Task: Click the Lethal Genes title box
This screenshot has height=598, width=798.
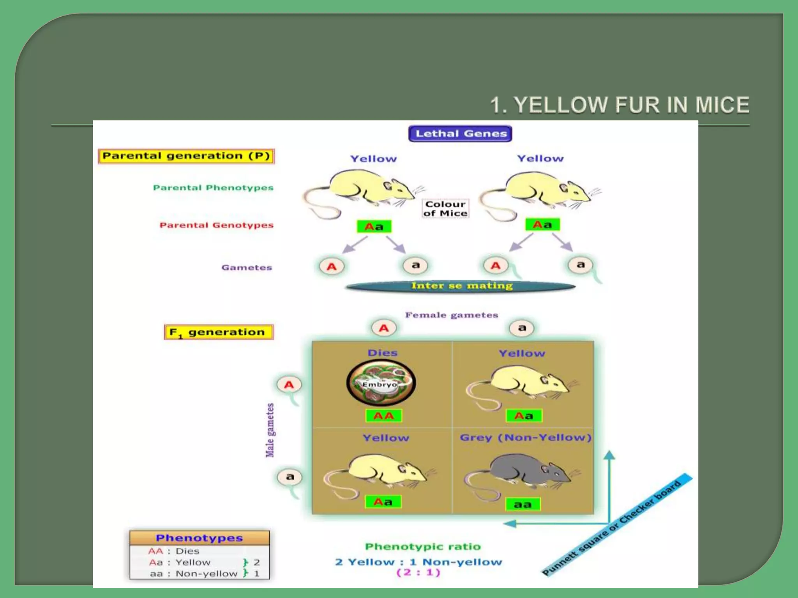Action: coord(460,134)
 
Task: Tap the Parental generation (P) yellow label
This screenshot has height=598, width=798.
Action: coord(186,156)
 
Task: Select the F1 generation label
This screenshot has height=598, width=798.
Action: coord(219,332)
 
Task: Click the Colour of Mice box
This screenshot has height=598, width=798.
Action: coord(445,209)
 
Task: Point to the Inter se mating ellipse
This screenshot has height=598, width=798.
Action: coord(461,286)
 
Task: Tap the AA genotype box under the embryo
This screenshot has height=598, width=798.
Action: coord(383,416)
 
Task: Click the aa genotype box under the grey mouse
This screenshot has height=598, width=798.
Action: coord(523,505)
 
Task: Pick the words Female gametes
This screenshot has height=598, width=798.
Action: coord(452,315)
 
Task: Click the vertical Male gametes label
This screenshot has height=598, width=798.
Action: coord(270,430)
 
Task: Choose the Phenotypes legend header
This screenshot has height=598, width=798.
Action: coord(199,538)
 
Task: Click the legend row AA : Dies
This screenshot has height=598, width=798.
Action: coord(174,551)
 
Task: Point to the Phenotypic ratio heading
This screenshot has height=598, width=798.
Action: coord(423,547)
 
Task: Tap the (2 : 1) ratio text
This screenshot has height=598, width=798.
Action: coord(418,573)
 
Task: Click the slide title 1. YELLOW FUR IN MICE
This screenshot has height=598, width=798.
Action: coord(620,105)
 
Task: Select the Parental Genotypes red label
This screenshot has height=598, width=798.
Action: coord(216,225)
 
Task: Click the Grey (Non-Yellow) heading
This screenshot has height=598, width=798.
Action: coord(526,438)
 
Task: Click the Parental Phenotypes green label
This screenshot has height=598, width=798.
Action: coord(213,188)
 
